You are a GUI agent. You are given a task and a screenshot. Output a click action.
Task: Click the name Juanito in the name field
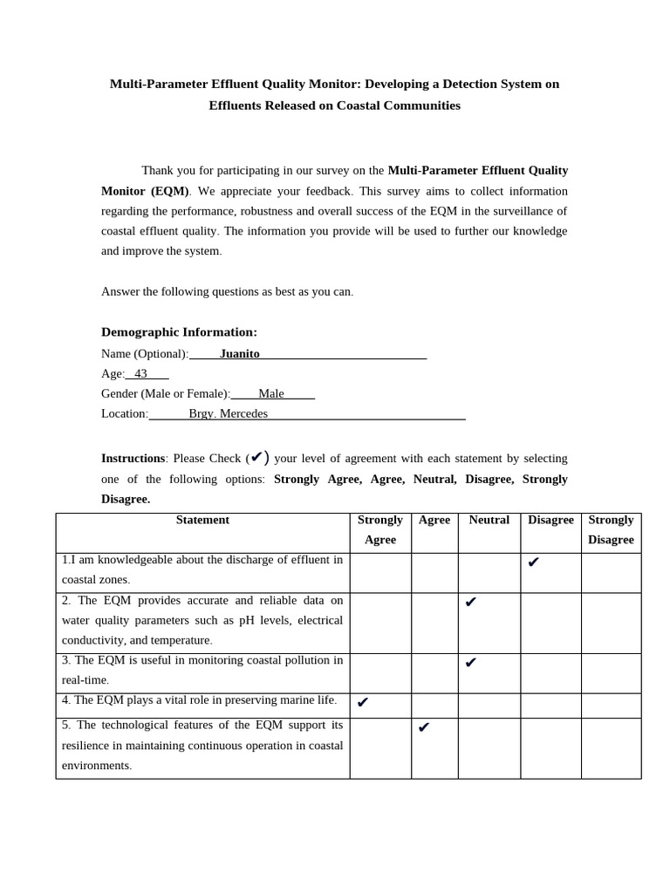pyautogui.click(x=239, y=353)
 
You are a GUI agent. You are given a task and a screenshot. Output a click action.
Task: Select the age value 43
pyautogui.click(x=140, y=373)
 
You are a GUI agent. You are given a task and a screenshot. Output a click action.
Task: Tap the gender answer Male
pyautogui.click(x=271, y=393)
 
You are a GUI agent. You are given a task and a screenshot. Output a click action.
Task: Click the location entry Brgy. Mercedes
pyautogui.click(x=228, y=413)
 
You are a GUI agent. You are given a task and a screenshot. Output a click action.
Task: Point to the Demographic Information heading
pyautogui.click(x=179, y=332)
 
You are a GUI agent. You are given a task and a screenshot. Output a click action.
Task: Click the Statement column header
pyautogui.click(x=202, y=520)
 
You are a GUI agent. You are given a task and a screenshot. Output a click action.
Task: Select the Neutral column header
pyautogui.click(x=489, y=520)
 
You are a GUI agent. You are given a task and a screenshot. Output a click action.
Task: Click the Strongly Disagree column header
pyautogui.click(x=611, y=529)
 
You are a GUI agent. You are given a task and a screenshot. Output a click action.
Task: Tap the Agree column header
pyautogui.click(x=434, y=520)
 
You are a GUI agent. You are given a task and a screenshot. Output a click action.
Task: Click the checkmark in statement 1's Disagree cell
pyautogui.click(x=533, y=562)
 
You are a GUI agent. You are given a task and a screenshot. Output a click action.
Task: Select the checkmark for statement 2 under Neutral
pyautogui.click(x=470, y=602)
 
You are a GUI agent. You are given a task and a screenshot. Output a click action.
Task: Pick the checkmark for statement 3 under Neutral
pyautogui.click(x=470, y=662)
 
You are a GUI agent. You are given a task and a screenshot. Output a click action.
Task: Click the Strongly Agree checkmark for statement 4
pyautogui.click(x=363, y=702)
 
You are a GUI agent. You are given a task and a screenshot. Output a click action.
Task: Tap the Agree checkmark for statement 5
pyautogui.click(x=424, y=727)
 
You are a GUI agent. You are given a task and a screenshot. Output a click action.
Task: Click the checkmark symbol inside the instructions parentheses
pyautogui.click(x=257, y=457)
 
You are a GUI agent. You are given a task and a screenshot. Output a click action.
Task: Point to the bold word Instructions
pyautogui.click(x=133, y=458)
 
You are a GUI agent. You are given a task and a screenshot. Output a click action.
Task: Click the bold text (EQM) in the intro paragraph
pyautogui.click(x=169, y=191)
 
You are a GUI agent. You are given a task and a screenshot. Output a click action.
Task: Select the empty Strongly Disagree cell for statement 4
pyautogui.click(x=611, y=706)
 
